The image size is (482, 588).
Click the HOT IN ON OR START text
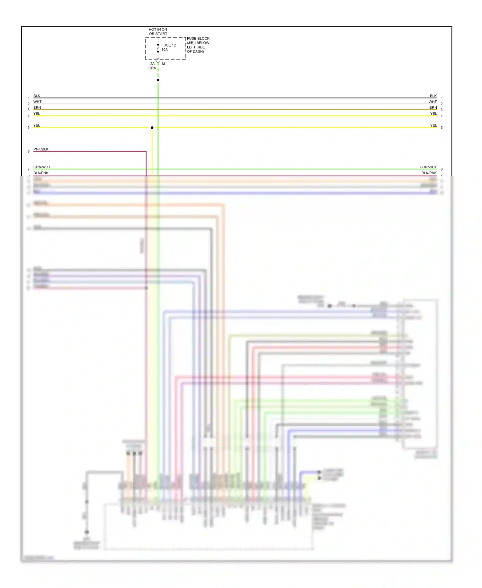158,32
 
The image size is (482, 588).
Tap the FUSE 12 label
168,45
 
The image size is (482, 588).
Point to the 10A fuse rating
165,50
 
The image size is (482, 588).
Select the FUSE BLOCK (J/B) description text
198,45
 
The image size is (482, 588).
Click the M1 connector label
164,64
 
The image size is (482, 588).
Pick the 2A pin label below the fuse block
152,64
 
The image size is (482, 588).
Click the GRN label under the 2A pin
152,68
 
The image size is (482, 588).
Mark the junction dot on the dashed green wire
158,80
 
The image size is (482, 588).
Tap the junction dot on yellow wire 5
152,128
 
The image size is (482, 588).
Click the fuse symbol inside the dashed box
158,48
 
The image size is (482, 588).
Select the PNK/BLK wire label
41,149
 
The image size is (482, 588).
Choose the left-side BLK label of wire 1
37,96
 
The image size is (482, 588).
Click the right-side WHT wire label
433,102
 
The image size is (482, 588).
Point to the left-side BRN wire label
37,107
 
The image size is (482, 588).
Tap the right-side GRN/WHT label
428,167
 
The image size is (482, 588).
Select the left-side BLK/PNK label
41,173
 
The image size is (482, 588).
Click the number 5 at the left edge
29,128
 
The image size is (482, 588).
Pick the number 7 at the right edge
442,175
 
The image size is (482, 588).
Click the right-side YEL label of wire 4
433,114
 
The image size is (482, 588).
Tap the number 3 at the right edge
442,110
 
